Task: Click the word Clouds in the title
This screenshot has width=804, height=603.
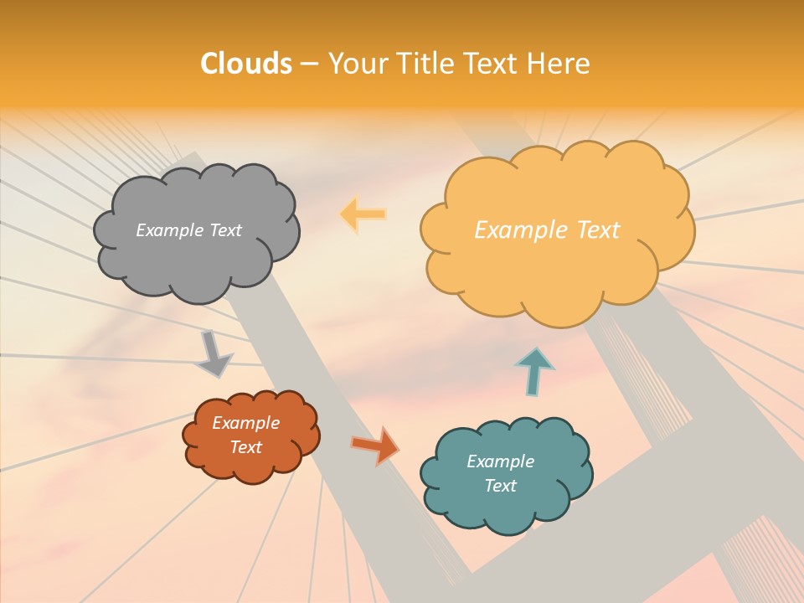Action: coord(246,64)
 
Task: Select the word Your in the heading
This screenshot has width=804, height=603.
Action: coord(358,64)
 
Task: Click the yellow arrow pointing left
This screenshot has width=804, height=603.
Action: coord(362,214)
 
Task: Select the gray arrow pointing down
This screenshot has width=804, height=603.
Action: coord(214,355)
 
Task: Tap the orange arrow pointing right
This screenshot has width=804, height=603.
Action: coord(375,445)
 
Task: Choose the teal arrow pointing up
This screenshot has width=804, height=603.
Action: coord(533,371)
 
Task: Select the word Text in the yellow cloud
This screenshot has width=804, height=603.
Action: coord(598,230)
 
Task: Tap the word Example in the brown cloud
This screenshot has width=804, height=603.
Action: coord(246,423)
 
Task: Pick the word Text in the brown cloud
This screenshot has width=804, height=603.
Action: coord(246,447)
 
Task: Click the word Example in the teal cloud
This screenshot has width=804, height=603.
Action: coord(500,461)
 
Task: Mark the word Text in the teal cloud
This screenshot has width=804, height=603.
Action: coord(500,486)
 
